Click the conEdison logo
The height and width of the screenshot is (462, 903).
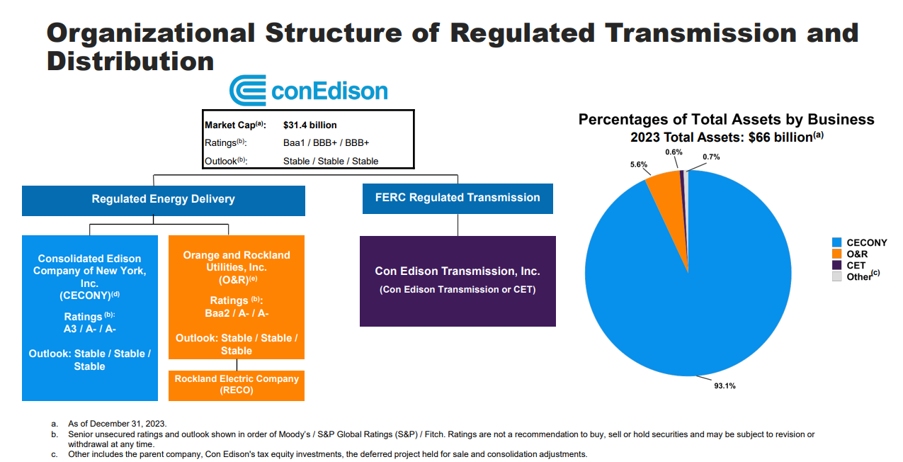(309, 91)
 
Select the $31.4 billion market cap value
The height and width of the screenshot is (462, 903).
(309, 125)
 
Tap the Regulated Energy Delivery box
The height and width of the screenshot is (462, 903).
(163, 200)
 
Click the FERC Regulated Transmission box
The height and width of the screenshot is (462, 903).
(458, 198)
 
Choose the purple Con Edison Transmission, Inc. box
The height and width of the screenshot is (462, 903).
(458, 281)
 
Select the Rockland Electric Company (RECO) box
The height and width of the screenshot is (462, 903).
(237, 385)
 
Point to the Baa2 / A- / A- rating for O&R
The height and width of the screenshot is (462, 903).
(236, 313)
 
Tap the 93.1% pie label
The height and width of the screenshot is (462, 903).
(725, 386)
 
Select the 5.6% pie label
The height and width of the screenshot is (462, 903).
(640, 165)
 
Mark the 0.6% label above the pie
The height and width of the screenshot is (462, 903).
(674, 152)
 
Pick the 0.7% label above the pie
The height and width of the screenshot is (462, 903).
(711, 157)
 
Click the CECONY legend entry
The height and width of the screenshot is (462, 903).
(866, 243)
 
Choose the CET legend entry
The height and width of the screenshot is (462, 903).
(856, 266)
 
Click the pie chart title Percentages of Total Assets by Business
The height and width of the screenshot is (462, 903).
(726, 120)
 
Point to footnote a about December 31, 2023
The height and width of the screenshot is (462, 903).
(116, 423)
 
